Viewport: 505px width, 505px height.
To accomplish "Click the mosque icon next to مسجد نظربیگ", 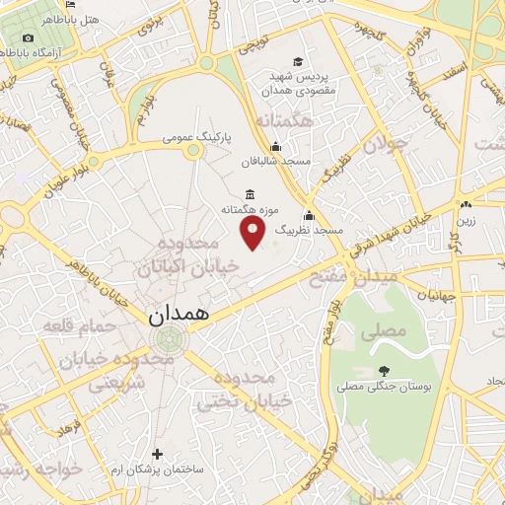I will tap(310, 215).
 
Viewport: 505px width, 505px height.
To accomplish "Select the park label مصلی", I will tap(384, 331).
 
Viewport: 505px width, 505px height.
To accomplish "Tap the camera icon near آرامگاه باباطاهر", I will tap(27, 37).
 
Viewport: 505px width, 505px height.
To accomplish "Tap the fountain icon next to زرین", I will tap(465, 205).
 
